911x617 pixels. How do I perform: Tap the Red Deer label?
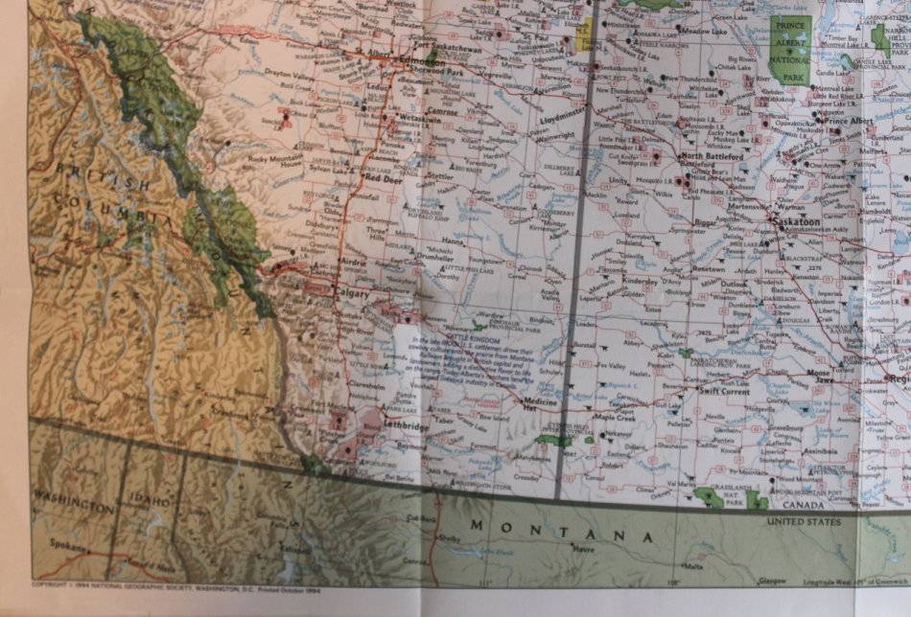pyautogui.click(x=382, y=179)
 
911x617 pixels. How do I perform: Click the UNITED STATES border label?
pyautogui.click(x=803, y=522)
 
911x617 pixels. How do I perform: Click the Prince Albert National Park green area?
pyautogui.click(x=791, y=48)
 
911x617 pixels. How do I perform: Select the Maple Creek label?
pyautogui.click(x=615, y=418)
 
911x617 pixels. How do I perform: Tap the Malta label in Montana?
pyautogui.click(x=693, y=567)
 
